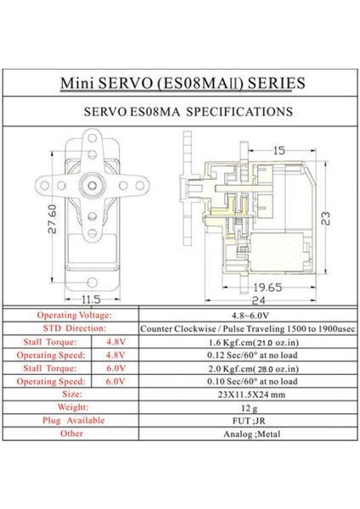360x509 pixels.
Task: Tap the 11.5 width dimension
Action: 92,298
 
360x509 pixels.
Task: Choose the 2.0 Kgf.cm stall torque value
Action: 245,368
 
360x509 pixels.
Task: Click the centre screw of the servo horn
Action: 92,183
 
